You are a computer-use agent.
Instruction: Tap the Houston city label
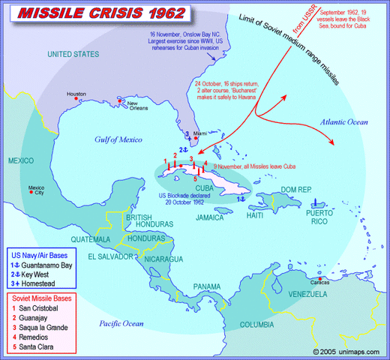click(76, 94)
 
